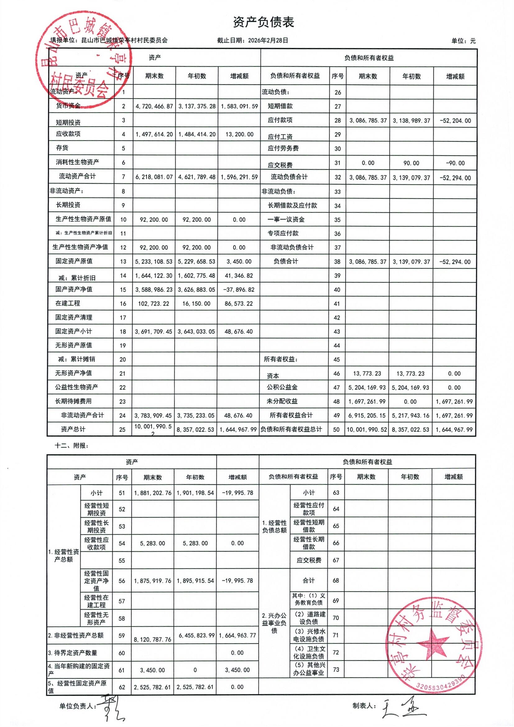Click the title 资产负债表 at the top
(x=263, y=22)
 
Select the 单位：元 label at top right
(x=463, y=41)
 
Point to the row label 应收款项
(x=68, y=134)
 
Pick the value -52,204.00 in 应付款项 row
(x=455, y=121)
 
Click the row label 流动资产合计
(x=77, y=176)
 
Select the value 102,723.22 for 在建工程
(x=154, y=304)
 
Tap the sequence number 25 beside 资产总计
(x=122, y=430)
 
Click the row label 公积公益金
(x=282, y=387)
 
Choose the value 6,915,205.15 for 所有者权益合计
(x=367, y=415)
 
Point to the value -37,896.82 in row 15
(x=239, y=290)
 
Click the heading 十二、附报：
(x=71, y=446)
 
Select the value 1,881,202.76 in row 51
(x=153, y=493)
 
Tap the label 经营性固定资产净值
(x=96, y=581)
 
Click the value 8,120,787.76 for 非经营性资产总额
(x=153, y=639)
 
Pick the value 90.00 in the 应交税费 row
(x=411, y=163)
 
